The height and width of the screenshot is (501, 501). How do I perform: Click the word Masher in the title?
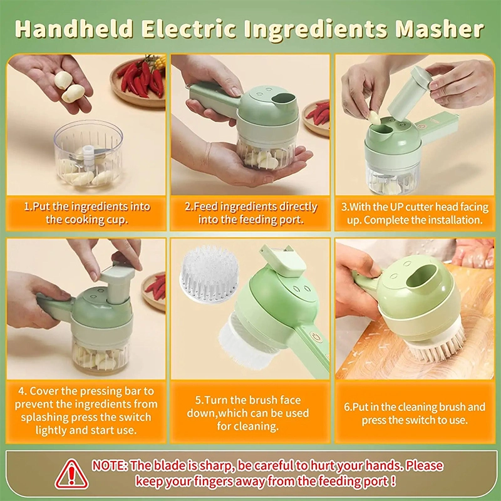click(x=440, y=29)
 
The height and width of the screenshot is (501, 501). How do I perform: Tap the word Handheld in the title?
click(x=73, y=29)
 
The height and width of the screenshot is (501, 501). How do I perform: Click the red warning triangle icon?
click(x=71, y=474)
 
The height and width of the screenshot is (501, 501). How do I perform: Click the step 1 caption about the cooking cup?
click(x=87, y=213)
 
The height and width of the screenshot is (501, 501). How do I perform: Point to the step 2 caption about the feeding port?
click(x=251, y=213)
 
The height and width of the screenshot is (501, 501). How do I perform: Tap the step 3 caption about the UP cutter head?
click(x=415, y=213)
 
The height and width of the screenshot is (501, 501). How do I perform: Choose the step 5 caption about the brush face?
click(x=248, y=413)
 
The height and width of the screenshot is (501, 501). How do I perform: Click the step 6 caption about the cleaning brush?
click(x=415, y=413)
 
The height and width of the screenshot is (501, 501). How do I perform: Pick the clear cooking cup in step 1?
click(x=88, y=153)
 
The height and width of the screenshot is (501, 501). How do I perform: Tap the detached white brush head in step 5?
click(x=209, y=274)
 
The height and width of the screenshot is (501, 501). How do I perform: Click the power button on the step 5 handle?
click(x=316, y=337)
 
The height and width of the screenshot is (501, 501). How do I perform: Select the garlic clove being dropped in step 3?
click(x=374, y=117)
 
